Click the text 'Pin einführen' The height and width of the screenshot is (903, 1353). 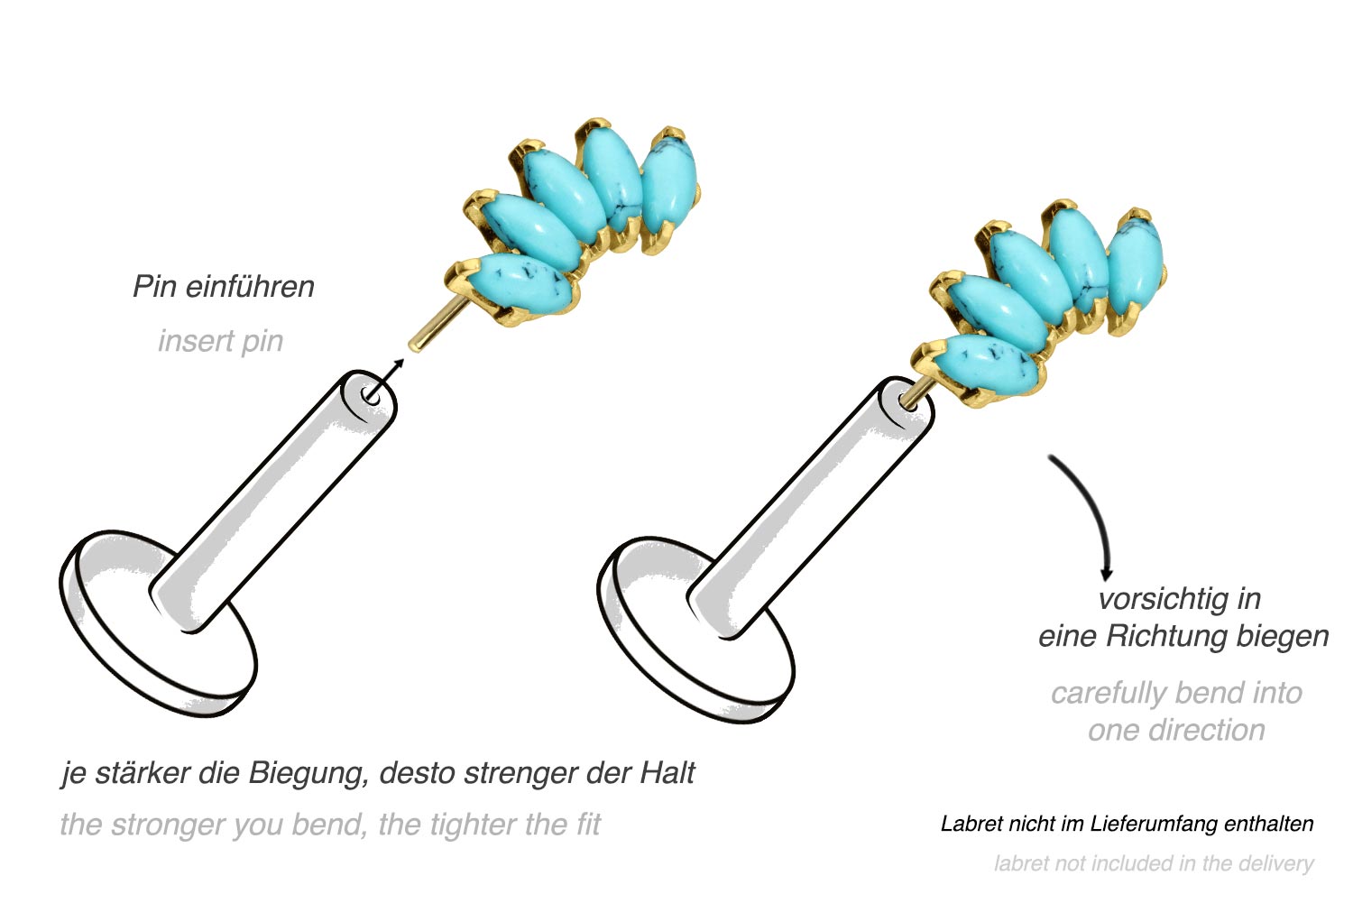[x=224, y=286]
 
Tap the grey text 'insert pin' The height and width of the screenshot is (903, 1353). [x=220, y=341]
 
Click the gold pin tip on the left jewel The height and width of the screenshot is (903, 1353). [x=416, y=346]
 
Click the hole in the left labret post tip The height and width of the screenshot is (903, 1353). [x=370, y=396]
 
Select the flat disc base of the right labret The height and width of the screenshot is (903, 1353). [x=695, y=629]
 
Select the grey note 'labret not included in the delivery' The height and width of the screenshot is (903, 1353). [x=1154, y=863]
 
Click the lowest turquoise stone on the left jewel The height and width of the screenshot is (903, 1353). [x=519, y=288]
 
